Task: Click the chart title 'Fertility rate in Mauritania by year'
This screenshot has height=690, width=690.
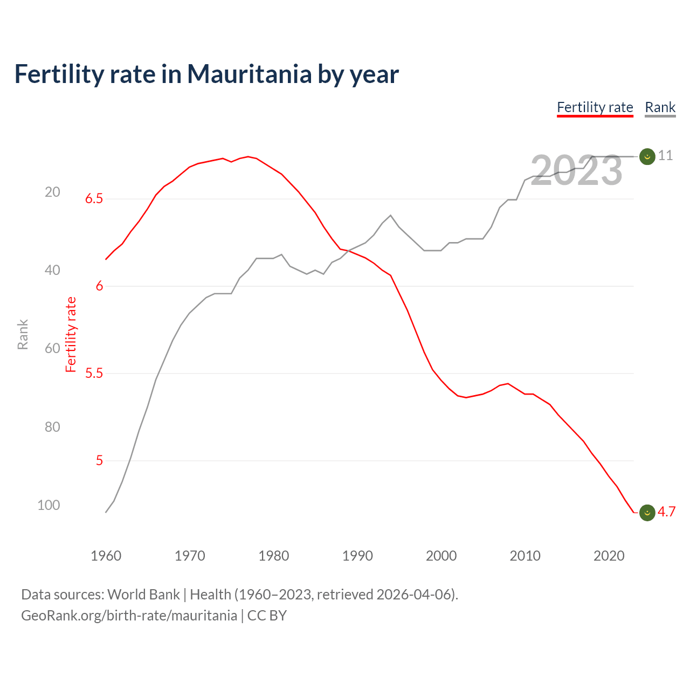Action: pyautogui.click(x=206, y=74)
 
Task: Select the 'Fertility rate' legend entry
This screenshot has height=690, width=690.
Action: pyautogui.click(x=595, y=107)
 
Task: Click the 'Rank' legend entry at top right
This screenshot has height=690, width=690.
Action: pyautogui.click(x=660, y=107)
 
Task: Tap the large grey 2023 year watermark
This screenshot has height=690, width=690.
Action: pyautogui.click(x=576, y=171)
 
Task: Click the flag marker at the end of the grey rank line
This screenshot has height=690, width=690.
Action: pyautogui.click(x=647, y=156)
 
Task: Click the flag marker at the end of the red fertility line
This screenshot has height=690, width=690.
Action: pyautogui.click(x=647, y=513)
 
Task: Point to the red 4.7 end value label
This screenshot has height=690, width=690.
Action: pyautogui.click(x=666, y=512)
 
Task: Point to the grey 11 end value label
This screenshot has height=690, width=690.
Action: pyautogui.click(x=665, y=156)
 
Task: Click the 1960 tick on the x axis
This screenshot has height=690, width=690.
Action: pyautogui.click(x=106, y=556)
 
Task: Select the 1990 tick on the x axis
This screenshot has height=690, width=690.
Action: pyautogui.click(x=357, y=556)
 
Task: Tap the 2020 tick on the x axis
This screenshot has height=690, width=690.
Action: pyautogui.click(x=609, y=556)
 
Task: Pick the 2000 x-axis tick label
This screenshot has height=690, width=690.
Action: pyautogui.click(x=441, y=556)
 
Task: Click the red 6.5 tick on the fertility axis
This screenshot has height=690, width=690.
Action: pyautogui.click(x=94, y=199)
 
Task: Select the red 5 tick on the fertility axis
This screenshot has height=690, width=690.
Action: pyautogui.click(x=99, y=460)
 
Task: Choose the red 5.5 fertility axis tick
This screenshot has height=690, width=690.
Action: pyautogui.click(x=94, y=373)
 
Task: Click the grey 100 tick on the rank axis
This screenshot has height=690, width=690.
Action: pyautogui.click(x=49, y=505)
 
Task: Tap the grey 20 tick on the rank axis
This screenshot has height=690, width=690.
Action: pyautogui.click(x=52, y=192)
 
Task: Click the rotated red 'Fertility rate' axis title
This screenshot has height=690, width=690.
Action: pyautogui.click(x=71, y=334)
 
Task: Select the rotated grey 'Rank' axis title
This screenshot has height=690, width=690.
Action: pyautogui.click(x=23, y=334)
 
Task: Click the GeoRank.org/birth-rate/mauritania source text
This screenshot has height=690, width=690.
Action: pyautogui.click(x=129, y=616)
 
